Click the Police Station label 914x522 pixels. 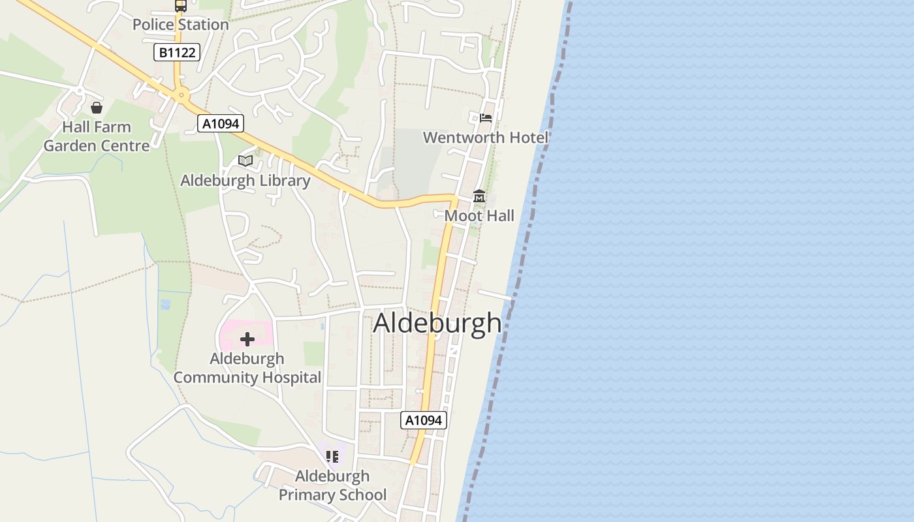[180, 25]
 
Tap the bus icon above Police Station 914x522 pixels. [180, 6]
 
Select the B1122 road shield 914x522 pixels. [177, 52]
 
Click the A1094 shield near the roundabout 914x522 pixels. [221, 123]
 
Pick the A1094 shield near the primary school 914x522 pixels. [424, 420]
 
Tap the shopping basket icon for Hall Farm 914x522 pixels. [97, 108]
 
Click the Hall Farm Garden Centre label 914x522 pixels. [97, 136]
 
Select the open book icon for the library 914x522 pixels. [245, 161]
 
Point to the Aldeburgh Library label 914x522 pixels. [245, 181]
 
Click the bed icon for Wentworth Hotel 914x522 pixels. [486, 118]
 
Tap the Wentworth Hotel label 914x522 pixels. [486, 138]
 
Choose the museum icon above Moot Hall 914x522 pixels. [479, 196]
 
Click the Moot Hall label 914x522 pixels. [479, 216]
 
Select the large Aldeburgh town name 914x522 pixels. [437, 323]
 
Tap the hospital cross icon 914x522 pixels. [247, 339]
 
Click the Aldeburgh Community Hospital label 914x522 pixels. [247, 368]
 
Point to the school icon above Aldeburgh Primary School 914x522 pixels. [332, 456]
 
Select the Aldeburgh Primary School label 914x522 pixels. [332, 485]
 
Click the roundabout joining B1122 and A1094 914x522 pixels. [181, 95]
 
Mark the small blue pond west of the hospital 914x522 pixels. [165, 304]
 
